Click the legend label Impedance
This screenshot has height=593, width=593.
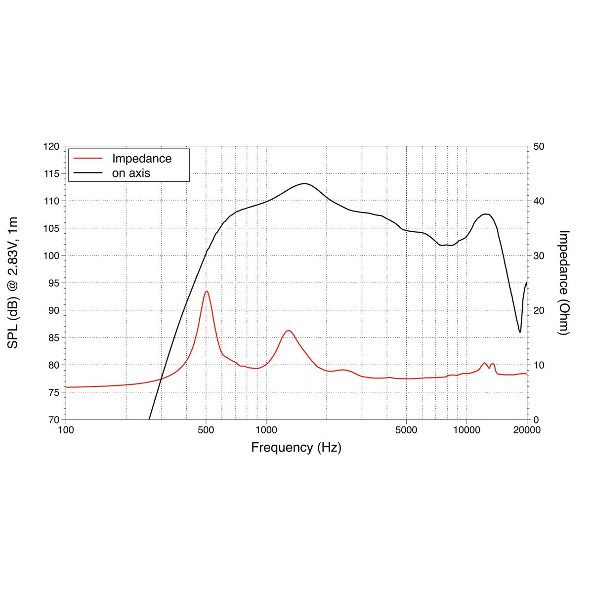click(x=142, y=159)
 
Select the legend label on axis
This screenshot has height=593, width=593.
click(x=131, y=173)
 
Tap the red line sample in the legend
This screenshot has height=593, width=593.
click(x=87, y=159)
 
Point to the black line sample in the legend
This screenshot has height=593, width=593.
click(x=87, y=173)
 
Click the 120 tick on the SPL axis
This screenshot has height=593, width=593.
click(x=52, y=147)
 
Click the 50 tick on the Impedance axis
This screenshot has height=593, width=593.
click(x=539, y=147)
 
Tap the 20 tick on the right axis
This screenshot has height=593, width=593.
click(x=539, y=310)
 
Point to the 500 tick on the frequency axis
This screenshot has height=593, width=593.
click(x=206, y=430)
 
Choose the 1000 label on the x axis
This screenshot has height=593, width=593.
click(x=266, y=430)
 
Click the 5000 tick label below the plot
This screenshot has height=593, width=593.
click(x=406, y=430)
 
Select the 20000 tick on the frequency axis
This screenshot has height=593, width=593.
click(x=527, y=430)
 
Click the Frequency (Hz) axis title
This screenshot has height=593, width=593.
click(x=296, y=448)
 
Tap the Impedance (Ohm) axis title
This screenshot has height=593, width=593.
click(x=564, y=283)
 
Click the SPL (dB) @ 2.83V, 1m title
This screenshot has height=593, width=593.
click(x=13, y=283)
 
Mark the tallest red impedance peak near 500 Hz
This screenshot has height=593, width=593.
click(x=207, y=291)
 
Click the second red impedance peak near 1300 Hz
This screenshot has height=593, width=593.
click(x=288, y=331)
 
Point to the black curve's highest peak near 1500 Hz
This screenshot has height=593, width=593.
click(x=304, y=184)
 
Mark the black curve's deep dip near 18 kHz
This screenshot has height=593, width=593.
click(x=520, y=332)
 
